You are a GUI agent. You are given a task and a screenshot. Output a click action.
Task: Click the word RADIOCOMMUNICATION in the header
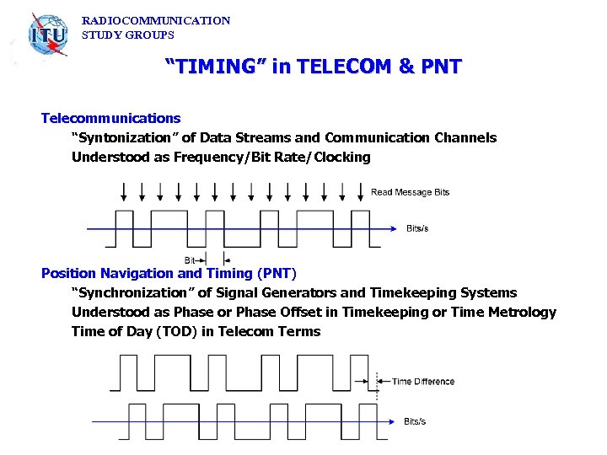point(156,20)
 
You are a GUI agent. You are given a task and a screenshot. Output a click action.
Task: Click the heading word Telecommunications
point(110,118)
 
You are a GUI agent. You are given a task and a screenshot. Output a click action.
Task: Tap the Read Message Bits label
point(410,192)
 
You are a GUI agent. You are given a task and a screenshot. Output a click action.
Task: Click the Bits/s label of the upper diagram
point(417,228)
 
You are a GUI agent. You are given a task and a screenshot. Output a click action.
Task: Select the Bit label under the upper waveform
point(190,260)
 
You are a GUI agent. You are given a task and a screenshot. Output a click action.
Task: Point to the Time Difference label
point(423,382)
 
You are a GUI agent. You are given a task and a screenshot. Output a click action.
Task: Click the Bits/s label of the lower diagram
point(415,421)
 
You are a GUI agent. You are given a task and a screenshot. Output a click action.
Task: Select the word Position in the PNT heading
point(69,273)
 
